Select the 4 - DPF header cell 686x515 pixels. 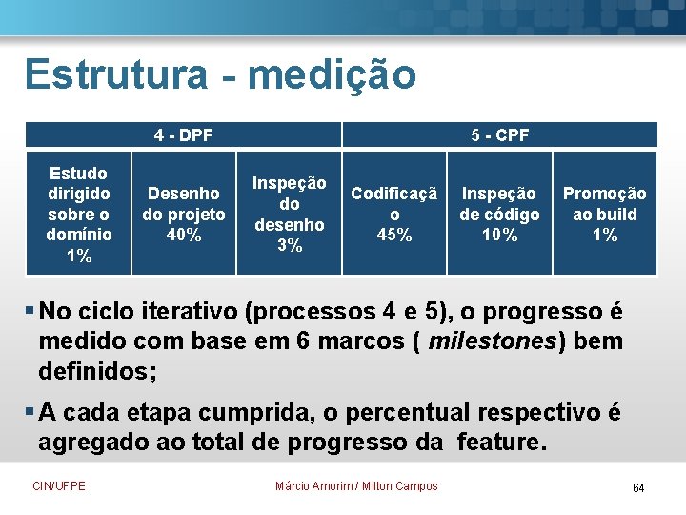coord(183,135)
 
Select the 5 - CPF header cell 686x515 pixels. coord(499,135)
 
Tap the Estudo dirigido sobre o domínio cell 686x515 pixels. coord(79,215)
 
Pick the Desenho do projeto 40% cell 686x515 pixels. coord(183,215)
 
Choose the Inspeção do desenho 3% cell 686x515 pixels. coord(289,215)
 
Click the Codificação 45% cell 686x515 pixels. coord(394,215)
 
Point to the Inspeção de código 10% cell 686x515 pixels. coord(499,215)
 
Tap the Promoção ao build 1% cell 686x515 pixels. coord(604,215)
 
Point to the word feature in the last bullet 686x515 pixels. coord(500,442)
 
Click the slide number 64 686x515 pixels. coord(638,488)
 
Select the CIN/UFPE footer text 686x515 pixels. coord(59,486)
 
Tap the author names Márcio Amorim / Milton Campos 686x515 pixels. coord(356,486)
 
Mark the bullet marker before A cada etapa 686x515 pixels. coord(30,412)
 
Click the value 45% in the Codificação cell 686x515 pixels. coord(394,236)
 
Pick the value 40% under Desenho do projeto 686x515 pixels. coord(183,236)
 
